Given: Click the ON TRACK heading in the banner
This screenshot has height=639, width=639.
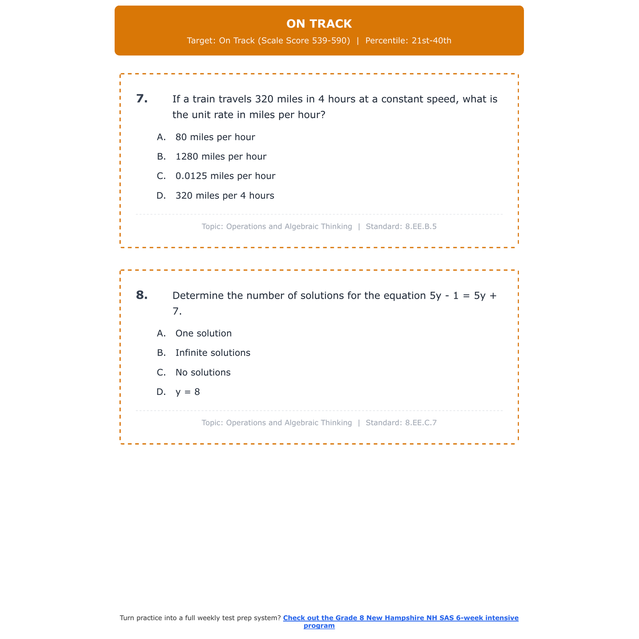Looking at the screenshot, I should pyautogui.click(x=319, y=24).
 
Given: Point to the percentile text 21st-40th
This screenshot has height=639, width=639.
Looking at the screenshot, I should pyautogui.click(x=431, y=41).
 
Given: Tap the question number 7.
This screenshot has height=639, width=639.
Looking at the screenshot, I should pyautogui.click(x=142, y=99).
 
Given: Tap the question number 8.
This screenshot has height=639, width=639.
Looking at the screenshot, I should pyautogui.click(x=142, y=295).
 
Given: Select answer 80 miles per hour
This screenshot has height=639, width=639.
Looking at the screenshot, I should pyautogui.click(x=215, y=137).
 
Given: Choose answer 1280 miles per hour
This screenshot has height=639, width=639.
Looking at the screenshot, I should pyautogui.click(x=221, y=157).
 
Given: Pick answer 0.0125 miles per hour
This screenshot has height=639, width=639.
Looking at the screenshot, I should pyautogui.click(x=225, y=176).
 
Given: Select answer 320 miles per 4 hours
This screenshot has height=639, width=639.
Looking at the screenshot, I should pyautogui.click(x=225, y=196).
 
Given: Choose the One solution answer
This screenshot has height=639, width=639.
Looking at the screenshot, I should pyautogui.click(x=203, y=334).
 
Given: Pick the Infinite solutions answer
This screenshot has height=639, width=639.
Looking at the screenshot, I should pyautogui.click(x=213, y=353).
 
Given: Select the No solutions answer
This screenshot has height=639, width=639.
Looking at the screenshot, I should pyautogui.click(x=203, y=373).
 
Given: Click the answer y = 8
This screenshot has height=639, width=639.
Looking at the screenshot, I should pyautogui.click(x=187, y=392).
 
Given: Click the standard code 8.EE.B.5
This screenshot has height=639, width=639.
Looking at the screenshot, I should pyautogui.click(x=421, y=227).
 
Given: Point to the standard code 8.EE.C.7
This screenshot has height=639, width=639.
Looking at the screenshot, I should pyautogui.click(x=421, y=423).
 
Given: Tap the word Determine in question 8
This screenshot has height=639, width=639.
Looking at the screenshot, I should pyautogui.click(x=198, y=296).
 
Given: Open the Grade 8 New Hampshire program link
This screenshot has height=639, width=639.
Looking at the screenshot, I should pyautogui.click(x=400, y=618).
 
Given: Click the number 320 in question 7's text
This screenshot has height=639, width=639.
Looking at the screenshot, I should pyautogui.click(x=264, y=99).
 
